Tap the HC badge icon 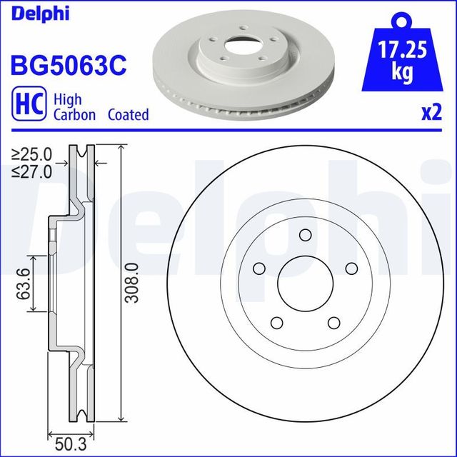[26, 105]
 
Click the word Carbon [74, 114]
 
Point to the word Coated [129, 114]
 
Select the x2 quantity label [431, 114]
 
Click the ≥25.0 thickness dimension [33, 154]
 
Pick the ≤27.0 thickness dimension [33, 171]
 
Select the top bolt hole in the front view [306, 236]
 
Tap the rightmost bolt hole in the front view [351, 267]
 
